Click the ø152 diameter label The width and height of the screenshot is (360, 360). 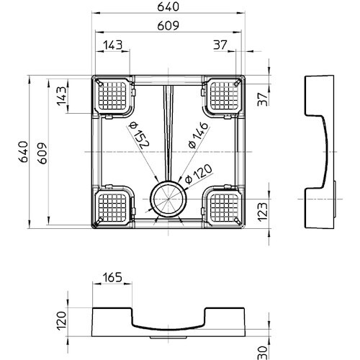click(x=139, y=135)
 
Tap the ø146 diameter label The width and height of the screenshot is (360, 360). click(x=198, y=135)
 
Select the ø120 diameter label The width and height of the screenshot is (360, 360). click(x=199, y=174)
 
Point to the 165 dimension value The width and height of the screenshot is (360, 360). click(x=112, y=277)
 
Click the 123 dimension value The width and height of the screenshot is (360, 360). click(x=262, y=212)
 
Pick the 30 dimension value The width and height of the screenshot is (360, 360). click(x=262, y=353)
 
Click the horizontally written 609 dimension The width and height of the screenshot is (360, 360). click(x=168, y=25)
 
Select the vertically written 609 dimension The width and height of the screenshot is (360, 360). click(x=42, y=153)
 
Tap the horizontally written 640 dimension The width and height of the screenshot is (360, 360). click(x=168, y=6)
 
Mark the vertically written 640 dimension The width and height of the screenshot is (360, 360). click(x=23, y=152)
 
